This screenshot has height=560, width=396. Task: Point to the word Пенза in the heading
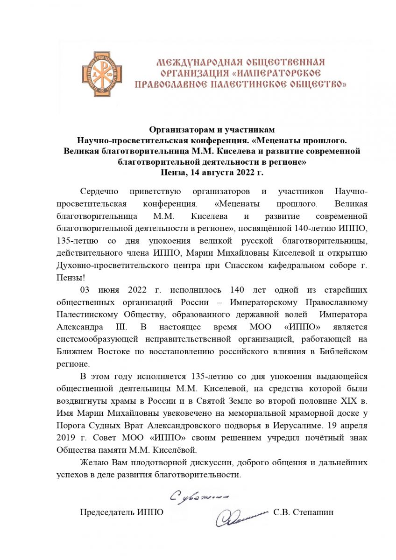[172, 172]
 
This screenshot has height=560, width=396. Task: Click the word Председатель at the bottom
[105, 512]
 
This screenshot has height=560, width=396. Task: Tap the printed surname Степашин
[312, 512]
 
